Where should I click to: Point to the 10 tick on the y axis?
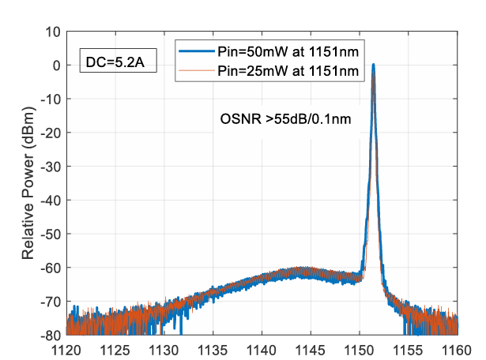click(x=54, y=32)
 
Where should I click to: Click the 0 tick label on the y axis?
click(x=57, y=66)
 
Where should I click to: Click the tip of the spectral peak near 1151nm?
click(x=373, y=66)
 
